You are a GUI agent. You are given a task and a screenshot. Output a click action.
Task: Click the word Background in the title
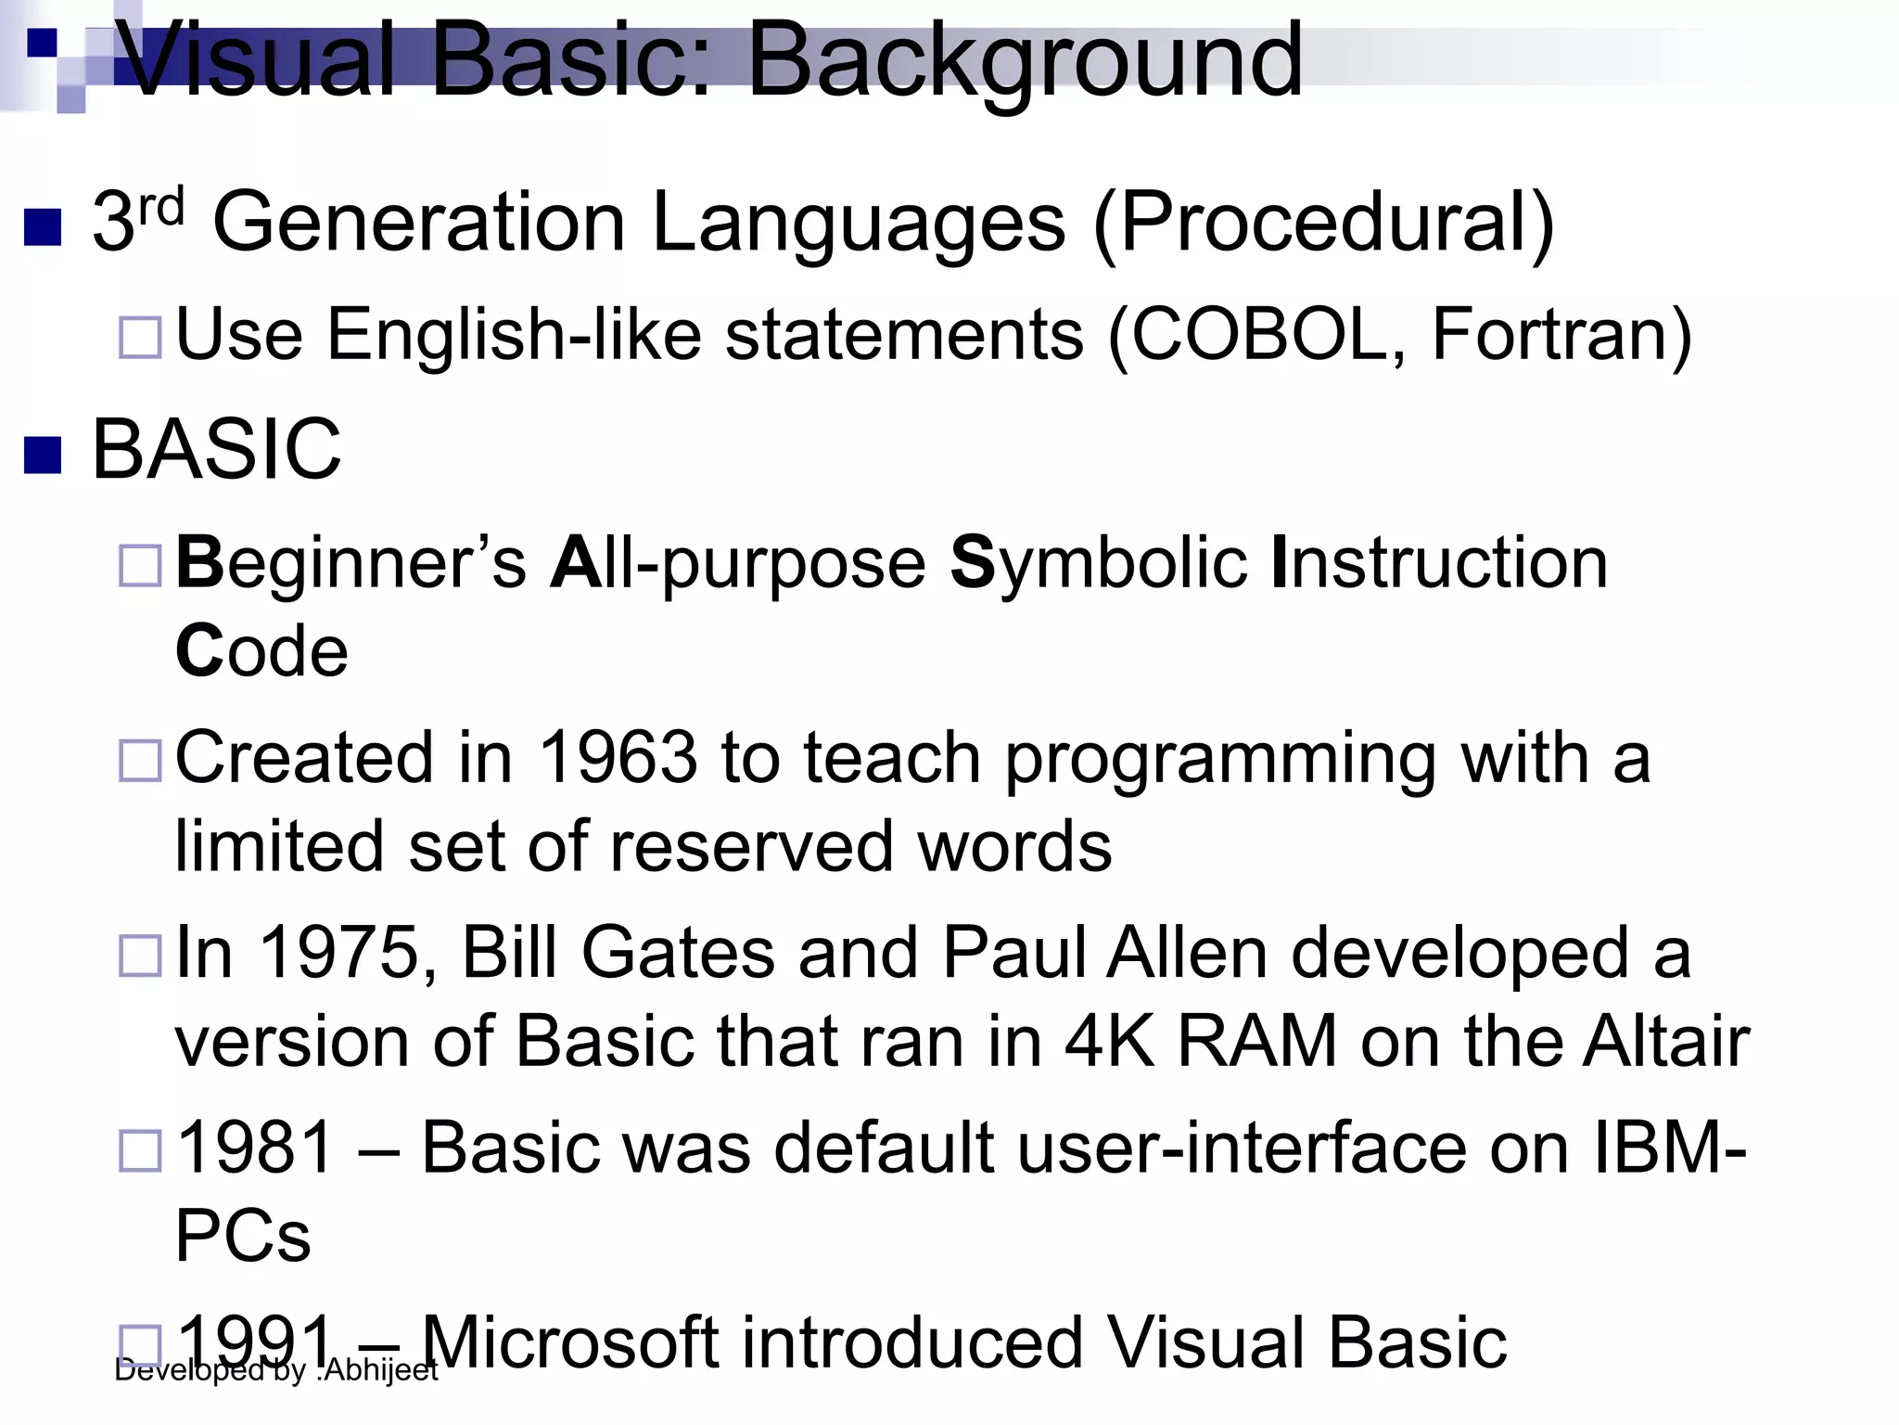point(1025,61)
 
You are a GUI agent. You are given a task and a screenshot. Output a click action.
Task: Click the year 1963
point(618,757)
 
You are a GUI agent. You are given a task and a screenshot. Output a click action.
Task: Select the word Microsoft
point(570,1342)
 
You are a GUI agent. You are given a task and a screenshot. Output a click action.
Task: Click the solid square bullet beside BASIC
point(43,455)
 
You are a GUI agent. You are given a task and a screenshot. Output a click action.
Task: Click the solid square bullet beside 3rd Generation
point(43,226)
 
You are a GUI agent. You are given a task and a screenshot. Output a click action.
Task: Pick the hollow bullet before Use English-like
point(140,337)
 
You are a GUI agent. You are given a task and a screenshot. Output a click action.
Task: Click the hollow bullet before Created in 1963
point(140,760)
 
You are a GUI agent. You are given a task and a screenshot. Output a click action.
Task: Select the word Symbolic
point(1099,564)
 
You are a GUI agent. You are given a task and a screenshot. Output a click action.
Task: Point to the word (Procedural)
point(1323,224)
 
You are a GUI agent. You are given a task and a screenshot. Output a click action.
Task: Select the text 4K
point(1109,1041)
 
